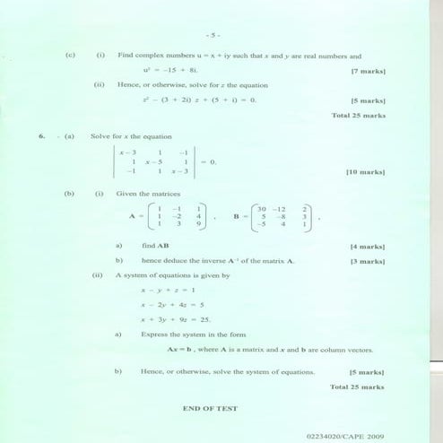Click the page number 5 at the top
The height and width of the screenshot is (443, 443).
tap(212, 35)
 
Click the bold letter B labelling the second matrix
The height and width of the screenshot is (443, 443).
tap(236, 216)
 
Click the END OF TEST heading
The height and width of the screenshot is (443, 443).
tap(210, 408)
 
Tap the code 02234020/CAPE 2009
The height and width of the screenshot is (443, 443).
tap(344, 435)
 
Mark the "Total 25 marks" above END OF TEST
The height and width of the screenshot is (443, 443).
tap(358, 387)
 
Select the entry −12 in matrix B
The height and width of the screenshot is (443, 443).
tap(284, 208)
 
